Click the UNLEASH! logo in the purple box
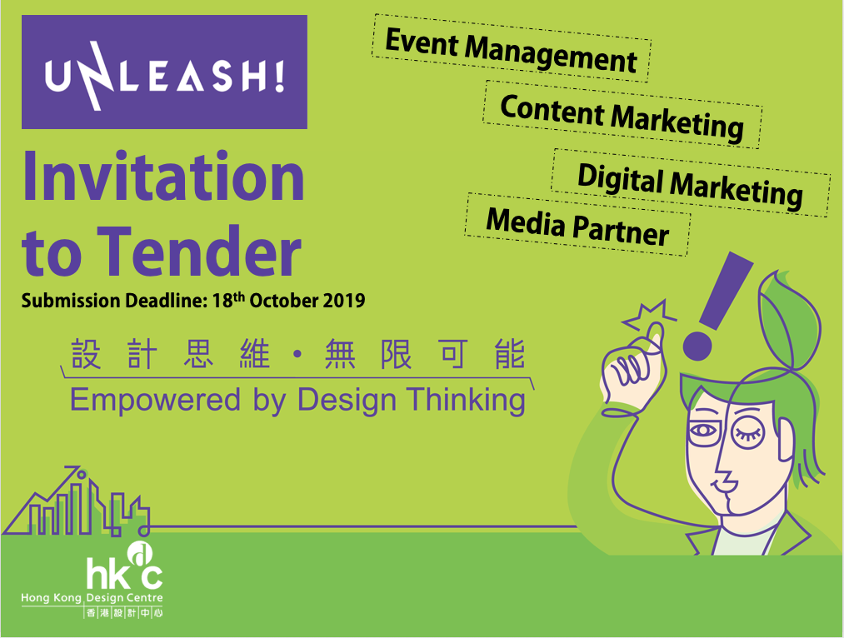click(165, 75)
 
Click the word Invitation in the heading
click(163, 177)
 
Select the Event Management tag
click(511, 48)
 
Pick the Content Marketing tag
click(622, 115)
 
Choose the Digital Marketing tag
click(690, 183)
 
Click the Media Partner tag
click(577, 225)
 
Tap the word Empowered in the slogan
click(155, 401)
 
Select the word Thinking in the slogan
click(466, 401)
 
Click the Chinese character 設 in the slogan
click(86, 354)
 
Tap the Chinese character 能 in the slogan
click(510, 354)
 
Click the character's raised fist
click(633, 366)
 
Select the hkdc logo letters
click(125, 571)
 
